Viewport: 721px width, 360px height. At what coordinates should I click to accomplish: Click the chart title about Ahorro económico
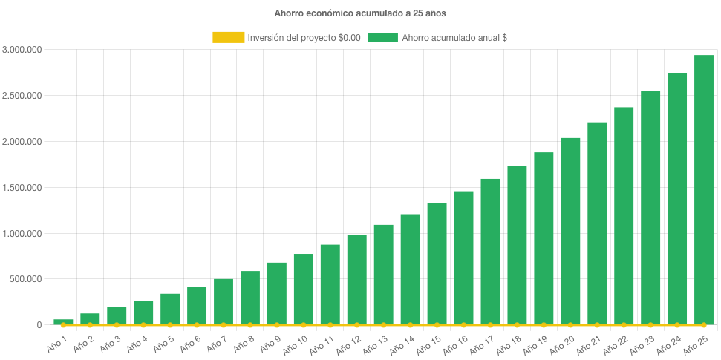click(359, 13)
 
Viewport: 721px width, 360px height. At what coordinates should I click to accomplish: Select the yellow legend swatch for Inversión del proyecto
click(228, 37)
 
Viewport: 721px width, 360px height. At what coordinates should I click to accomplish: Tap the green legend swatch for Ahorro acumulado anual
click(382, 37)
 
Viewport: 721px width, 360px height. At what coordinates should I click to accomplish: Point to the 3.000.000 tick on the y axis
click(22, 50)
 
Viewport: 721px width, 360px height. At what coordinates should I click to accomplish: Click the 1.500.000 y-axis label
click(22, 188)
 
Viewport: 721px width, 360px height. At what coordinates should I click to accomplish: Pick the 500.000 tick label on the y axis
click(25, 280)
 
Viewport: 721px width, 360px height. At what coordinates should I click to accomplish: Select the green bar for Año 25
click(703, 189)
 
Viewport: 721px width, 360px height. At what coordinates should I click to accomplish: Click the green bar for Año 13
click(383, 274)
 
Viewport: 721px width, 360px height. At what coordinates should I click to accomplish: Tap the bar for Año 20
click(570, 231)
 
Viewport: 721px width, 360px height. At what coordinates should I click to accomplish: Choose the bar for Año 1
click(63, 322)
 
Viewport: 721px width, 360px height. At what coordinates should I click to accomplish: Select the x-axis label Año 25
click(697, 343)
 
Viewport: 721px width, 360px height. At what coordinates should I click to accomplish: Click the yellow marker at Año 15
click(437, 325)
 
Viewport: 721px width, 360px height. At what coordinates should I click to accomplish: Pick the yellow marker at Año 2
click(90, 325)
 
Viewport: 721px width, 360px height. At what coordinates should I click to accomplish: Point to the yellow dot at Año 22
click(623, 325)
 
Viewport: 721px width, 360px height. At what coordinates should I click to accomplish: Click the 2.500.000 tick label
click(22, 96)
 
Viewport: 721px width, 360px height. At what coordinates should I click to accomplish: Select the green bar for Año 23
click(650, 207)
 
